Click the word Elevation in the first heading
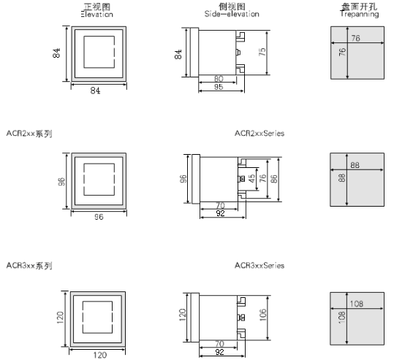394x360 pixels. point(97,15)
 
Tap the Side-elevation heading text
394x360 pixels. point(232,14)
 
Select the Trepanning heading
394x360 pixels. point(360,14)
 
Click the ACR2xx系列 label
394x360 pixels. point(29,134)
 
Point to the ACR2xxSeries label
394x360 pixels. point(259,134)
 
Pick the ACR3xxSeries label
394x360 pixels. point(259,265)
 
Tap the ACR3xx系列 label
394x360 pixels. point(29,265)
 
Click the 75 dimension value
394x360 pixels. point(262,52)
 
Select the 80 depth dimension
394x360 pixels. point(219,79)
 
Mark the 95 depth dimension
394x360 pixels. point(219,87)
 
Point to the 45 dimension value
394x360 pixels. point(251,178)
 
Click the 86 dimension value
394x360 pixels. point(274,178)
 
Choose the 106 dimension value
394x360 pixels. point(262,315)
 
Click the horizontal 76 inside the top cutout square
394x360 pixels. point(355,38)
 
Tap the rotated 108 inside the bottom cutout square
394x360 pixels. point(342,318)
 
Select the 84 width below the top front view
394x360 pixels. point(95,91)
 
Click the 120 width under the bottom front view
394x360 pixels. point(100,355)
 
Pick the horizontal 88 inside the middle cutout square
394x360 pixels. point(355,165)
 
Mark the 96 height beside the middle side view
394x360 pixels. point(183,179)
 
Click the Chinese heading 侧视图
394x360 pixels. point(232,7)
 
